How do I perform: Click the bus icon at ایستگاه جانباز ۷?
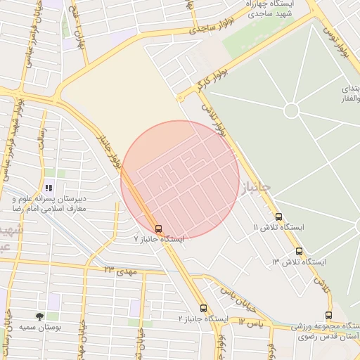coord(158,229)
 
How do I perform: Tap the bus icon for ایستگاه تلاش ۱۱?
coord(279,217)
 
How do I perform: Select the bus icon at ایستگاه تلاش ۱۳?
coord(299,251)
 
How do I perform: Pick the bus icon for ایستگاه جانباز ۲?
coord(203,308)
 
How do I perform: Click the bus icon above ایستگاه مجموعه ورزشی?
coord(328,315)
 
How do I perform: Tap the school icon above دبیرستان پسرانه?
coord(49,188)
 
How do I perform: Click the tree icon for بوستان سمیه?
coord(39,317)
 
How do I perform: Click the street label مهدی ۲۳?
coord(118,269)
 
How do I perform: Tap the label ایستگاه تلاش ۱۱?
coord(278,228)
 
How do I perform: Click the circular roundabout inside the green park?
coord(291,110)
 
